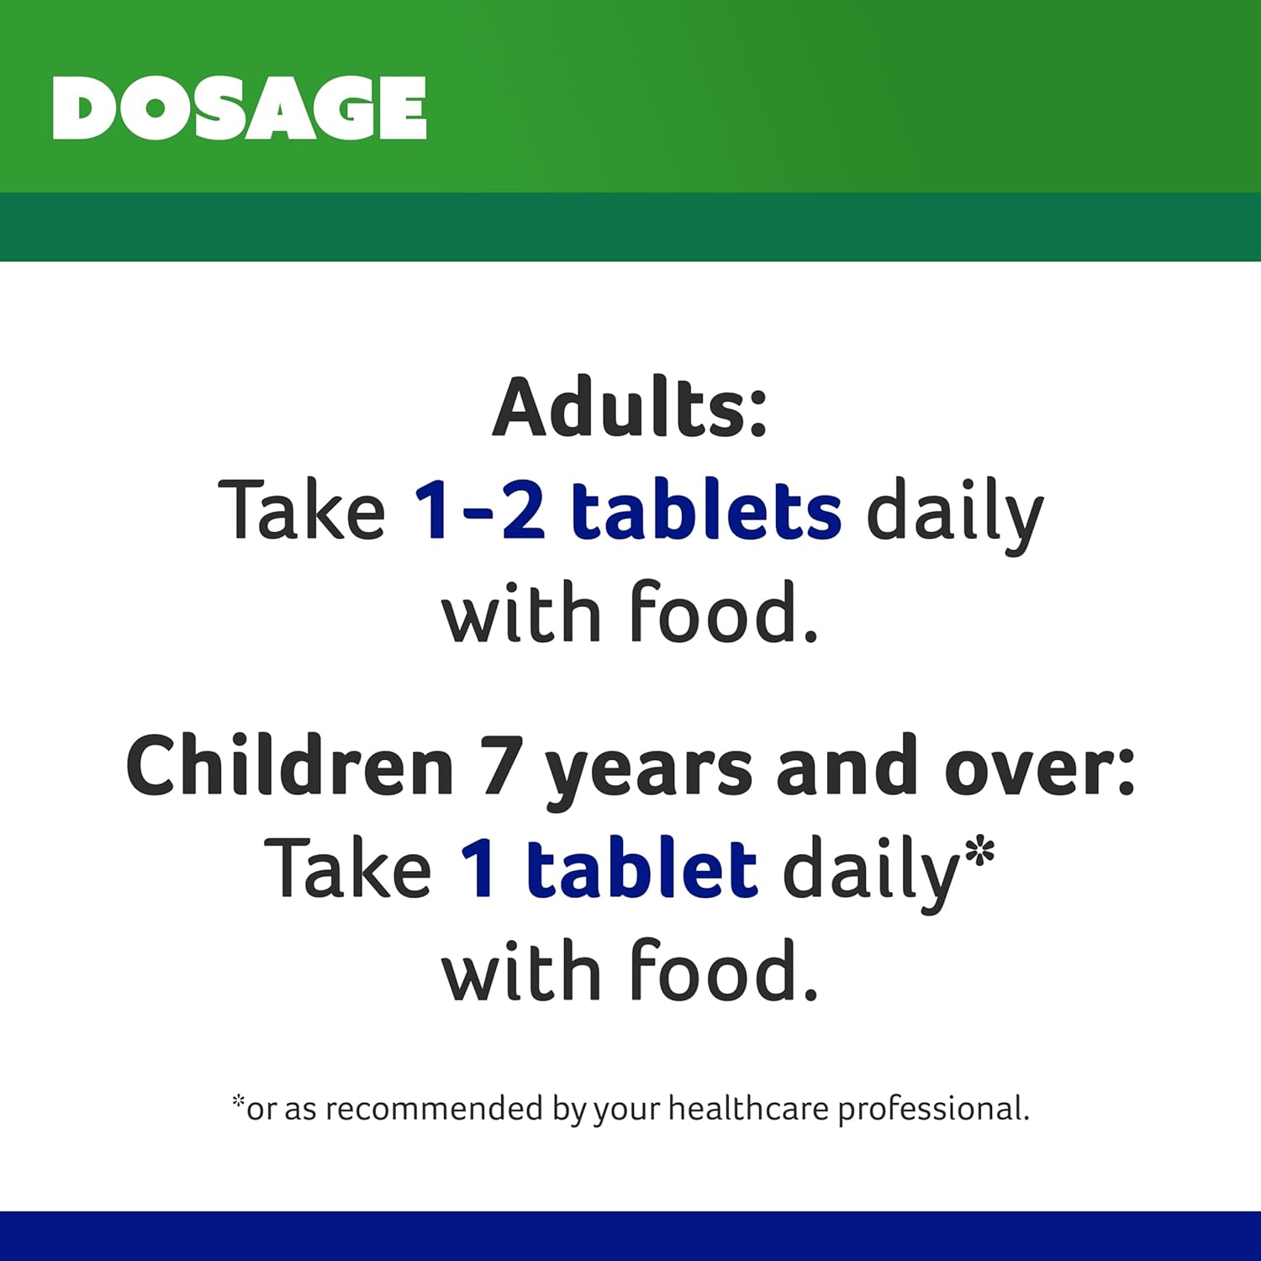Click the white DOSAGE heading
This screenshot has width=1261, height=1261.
pyautogui.click(x=240, y=108)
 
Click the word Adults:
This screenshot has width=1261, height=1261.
pyautogui.click(x=630, y=408)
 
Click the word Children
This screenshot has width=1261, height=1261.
pyautogui.click(x=290, y=766)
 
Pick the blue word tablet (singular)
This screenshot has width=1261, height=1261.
pyautogui.click(x=642, y=868)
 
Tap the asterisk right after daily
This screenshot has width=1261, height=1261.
pyautogui.click(x=979, y=854)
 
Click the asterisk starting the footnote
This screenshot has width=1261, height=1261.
pyautogui.click(x=239, y=1101)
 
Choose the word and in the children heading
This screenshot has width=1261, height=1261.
pyautogui.click(x=847, y=766)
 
